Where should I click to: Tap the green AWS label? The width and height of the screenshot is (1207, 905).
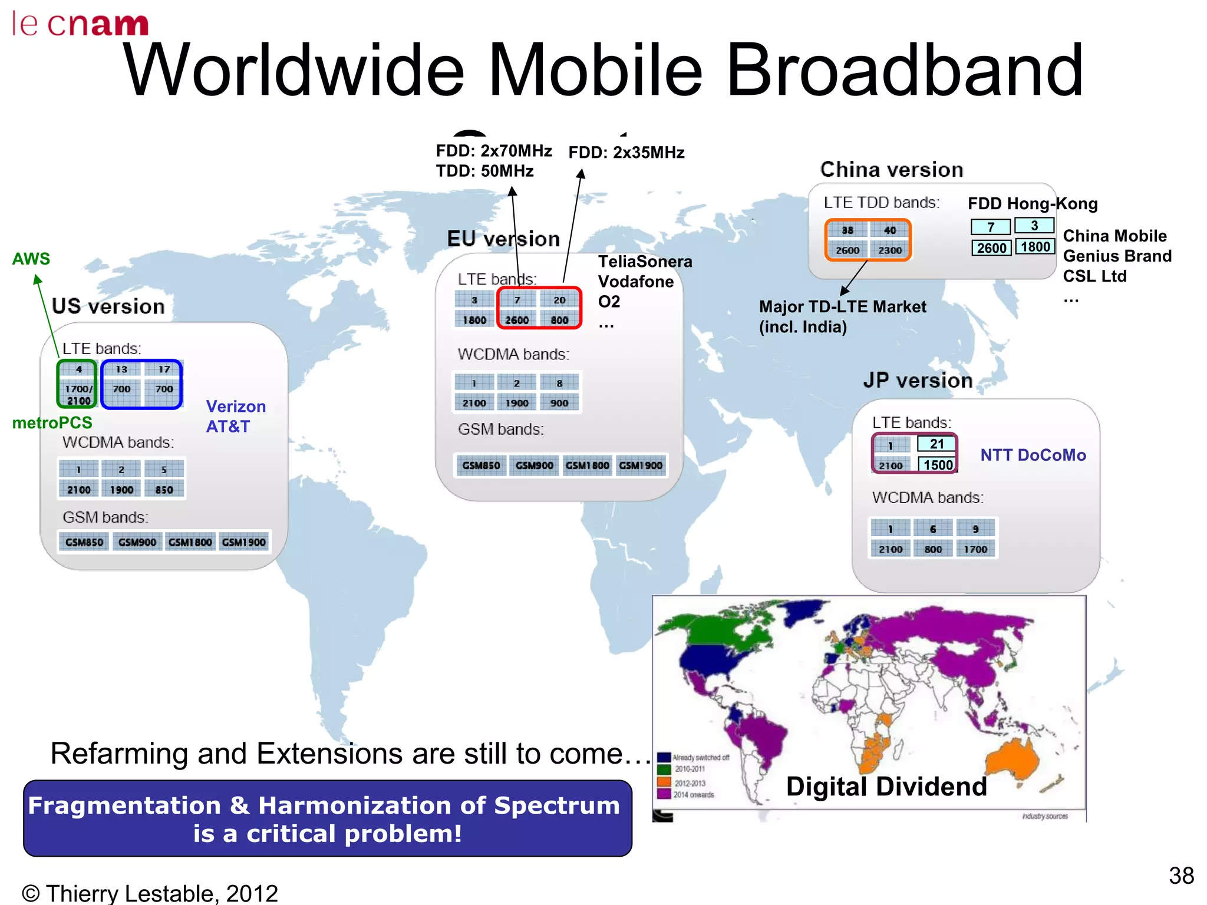(31, 259)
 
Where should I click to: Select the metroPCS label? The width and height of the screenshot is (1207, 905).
(52, 422)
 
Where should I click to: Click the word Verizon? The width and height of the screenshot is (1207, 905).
(236, 407)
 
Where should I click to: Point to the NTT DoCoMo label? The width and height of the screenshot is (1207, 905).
(1033, 455)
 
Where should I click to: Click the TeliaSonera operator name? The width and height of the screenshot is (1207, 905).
(645, 262)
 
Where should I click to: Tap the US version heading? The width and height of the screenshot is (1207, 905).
(108, 306)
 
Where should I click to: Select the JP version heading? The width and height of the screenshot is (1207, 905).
(918, 381)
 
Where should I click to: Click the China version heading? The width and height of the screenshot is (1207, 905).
(892, 170)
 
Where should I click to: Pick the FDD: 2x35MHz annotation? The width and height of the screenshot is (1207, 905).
(626, 153)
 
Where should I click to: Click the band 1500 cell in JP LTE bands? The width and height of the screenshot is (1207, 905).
(938, 465)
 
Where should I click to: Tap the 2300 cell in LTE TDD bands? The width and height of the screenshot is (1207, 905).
(890, 250)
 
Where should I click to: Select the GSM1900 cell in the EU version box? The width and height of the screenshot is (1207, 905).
(641, 465)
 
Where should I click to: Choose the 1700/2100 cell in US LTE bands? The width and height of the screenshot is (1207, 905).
(78, 395)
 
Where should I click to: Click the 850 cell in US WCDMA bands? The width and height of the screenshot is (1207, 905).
(164, 490)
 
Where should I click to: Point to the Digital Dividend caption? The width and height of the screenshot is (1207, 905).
(886, 787)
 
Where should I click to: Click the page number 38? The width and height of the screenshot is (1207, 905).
(1181, 876)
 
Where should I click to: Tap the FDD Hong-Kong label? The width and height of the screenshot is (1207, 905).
(1033, 204)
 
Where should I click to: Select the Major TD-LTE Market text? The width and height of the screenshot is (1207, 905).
(842, 307)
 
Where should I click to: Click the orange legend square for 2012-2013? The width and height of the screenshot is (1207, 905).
(664, 782)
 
